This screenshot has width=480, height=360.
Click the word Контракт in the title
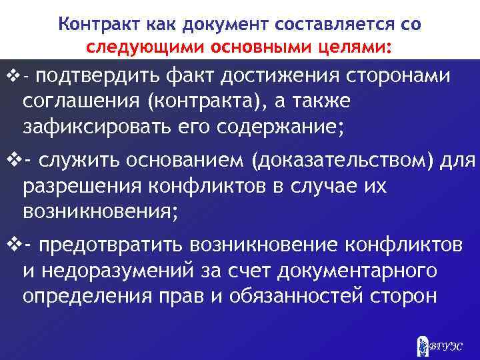[92, 25]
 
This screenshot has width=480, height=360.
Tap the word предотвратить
[111, 245]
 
